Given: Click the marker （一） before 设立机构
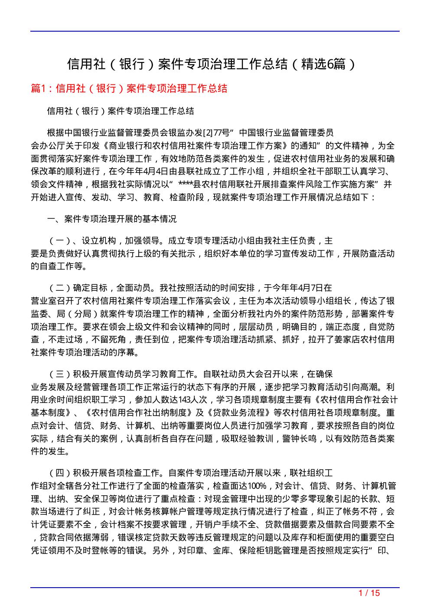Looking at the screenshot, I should pos(58,240).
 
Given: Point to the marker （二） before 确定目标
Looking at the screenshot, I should pos(58,288).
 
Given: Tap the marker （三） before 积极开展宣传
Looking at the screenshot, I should pos(58,374).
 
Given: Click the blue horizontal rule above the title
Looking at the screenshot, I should pos(215,31).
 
